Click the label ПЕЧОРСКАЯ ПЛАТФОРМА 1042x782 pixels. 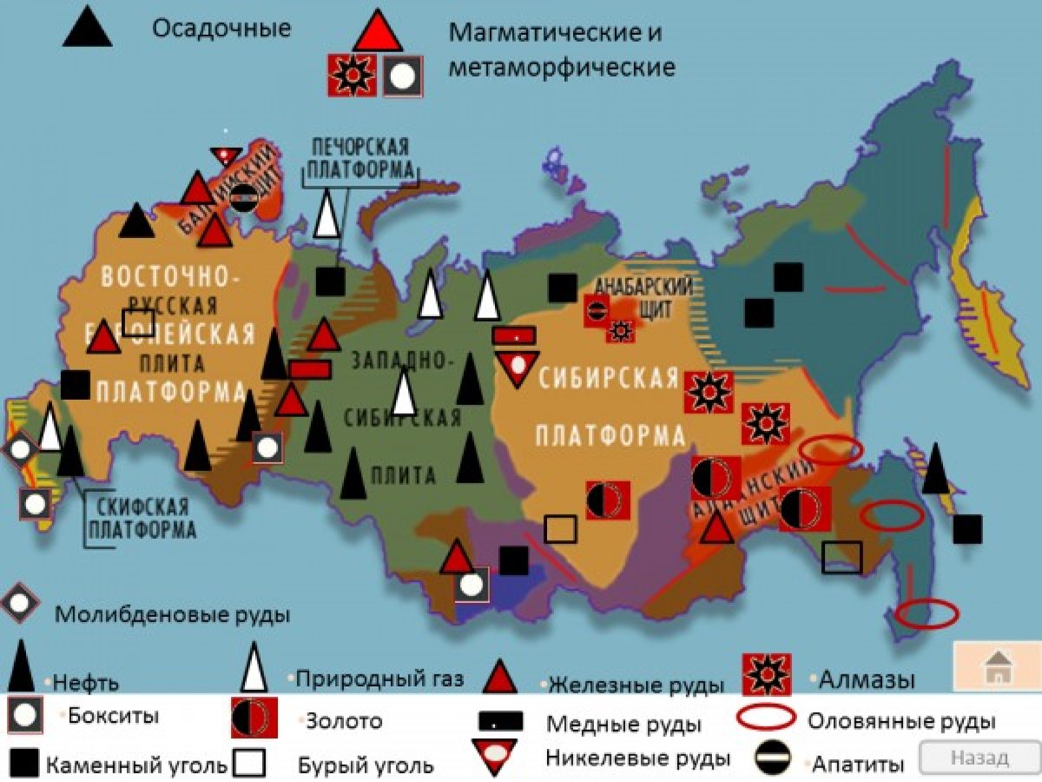[360, 157]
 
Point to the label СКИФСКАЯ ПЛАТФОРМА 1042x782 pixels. [142, 518]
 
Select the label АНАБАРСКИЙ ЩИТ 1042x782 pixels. [643, 296]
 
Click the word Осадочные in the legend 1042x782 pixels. [221, 28]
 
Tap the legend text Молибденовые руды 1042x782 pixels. [172, 614]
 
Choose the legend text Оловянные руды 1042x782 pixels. [901, 720]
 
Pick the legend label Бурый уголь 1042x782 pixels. [365, 765]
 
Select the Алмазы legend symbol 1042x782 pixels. [767, 675]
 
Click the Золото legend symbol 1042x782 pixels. [254, 718]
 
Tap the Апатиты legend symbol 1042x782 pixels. [770, 759]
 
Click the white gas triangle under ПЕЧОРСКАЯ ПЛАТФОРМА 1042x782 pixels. [326, 215]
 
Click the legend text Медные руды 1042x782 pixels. [623, 723]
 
